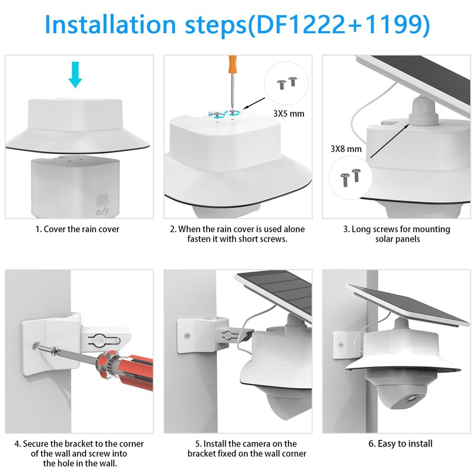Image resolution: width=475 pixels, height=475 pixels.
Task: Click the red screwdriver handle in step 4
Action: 127,370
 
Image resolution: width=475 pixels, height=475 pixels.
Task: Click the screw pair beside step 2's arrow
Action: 287,83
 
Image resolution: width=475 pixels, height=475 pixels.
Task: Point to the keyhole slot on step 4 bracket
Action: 100,340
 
